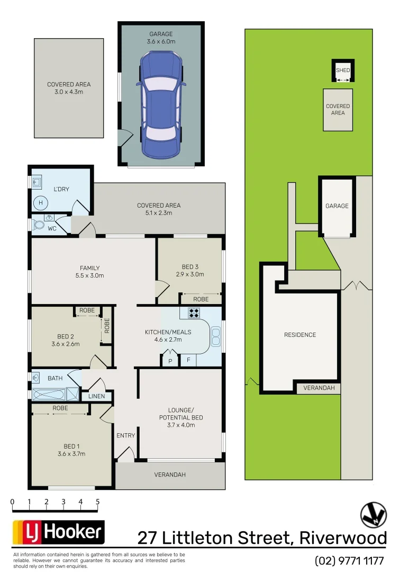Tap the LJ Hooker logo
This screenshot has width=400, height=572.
[x=58, y=532]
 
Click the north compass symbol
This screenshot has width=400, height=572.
[x=374, y=514]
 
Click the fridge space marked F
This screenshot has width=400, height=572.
[x=188, y=360]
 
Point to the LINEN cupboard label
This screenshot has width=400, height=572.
[x=96, y=396]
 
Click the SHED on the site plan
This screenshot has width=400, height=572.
[x=343, y=70]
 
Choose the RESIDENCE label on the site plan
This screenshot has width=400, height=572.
[x=300, y=335]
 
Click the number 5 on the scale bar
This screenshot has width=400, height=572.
[x=98, y=502]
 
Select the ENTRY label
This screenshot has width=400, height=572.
[x=125, y=435]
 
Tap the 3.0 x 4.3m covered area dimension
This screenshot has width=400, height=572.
[x=69, y=92]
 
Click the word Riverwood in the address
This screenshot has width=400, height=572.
[x=343, y=538]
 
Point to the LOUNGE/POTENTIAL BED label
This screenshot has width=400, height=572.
[x=181, y=414]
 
